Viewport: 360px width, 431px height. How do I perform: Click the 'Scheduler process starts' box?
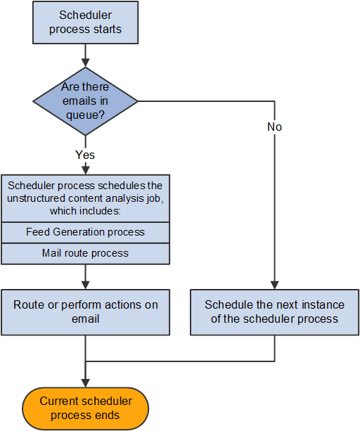pos(85,22)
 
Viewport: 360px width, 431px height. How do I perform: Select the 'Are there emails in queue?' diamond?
pos(85,101)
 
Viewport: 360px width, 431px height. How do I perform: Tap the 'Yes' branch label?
pos(85,154)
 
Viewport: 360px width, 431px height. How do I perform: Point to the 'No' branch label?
pos(274,127)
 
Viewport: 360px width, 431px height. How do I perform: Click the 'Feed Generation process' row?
pos(85,231)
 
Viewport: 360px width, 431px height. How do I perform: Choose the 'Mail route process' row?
pos(85,252)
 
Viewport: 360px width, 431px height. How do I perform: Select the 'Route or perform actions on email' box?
pos(85,311)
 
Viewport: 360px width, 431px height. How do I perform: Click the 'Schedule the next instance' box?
pos(274,311)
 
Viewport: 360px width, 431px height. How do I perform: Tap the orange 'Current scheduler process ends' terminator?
pos(85,408)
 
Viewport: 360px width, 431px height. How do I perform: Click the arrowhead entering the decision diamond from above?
pos(85,63)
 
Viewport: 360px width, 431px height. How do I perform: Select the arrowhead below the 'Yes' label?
pos(85,169)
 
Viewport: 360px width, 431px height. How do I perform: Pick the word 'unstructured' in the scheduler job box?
pos(44,198)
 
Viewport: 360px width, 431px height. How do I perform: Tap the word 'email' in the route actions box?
pos(85,319)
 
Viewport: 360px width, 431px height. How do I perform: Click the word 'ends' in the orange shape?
pos(105,415)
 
